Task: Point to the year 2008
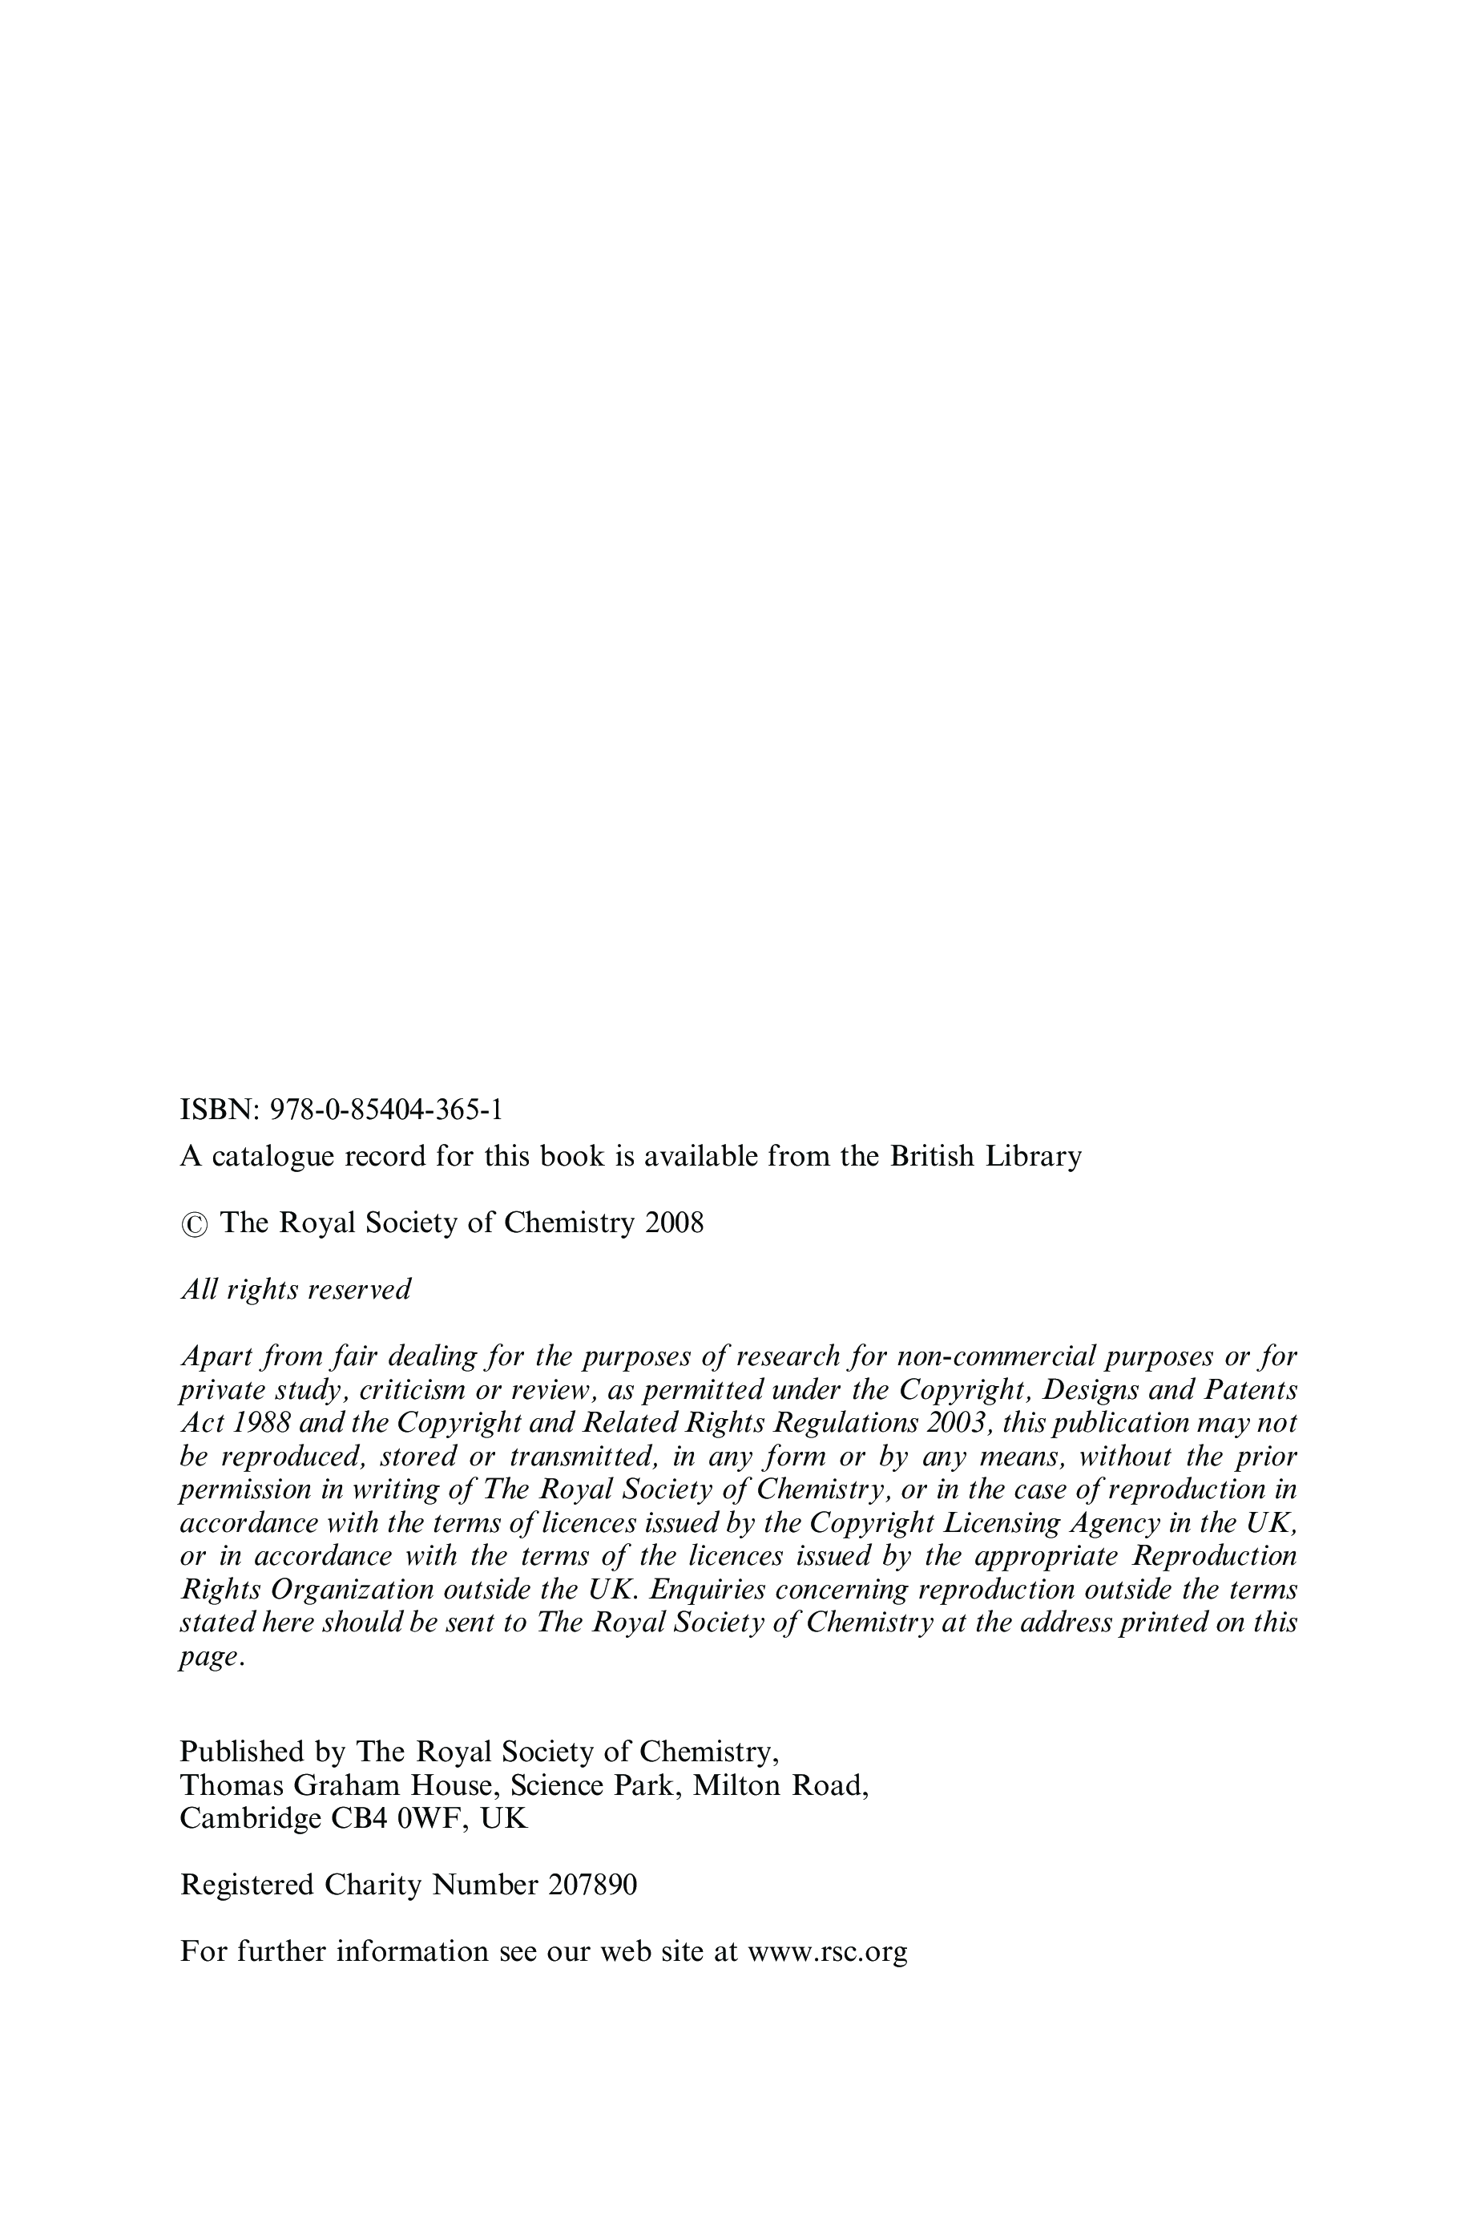coord(674,1223)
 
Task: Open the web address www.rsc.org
coord(828,1951)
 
